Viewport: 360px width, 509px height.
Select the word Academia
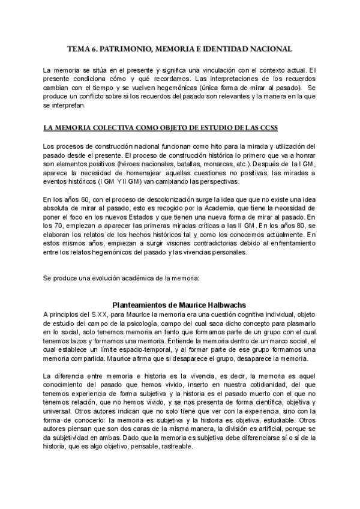tap(214, 207)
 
